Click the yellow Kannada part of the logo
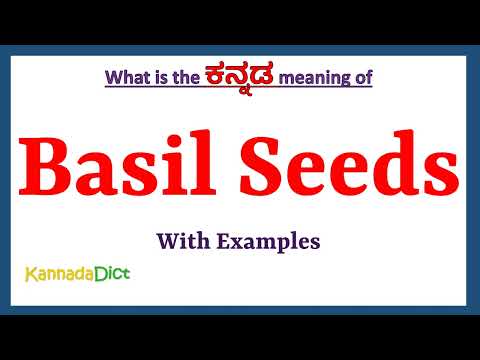tap(60, 272)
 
